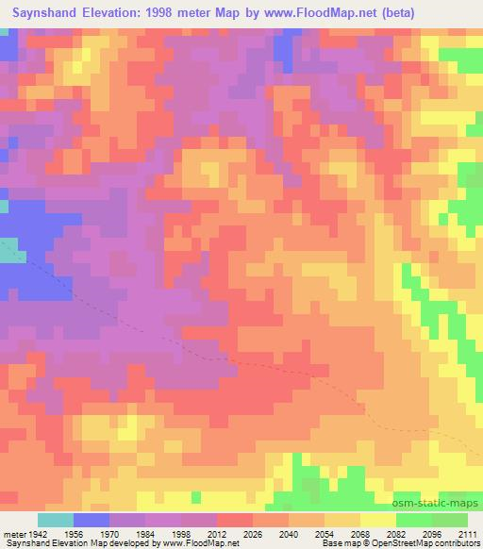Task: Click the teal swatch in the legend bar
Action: coord(56,520)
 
